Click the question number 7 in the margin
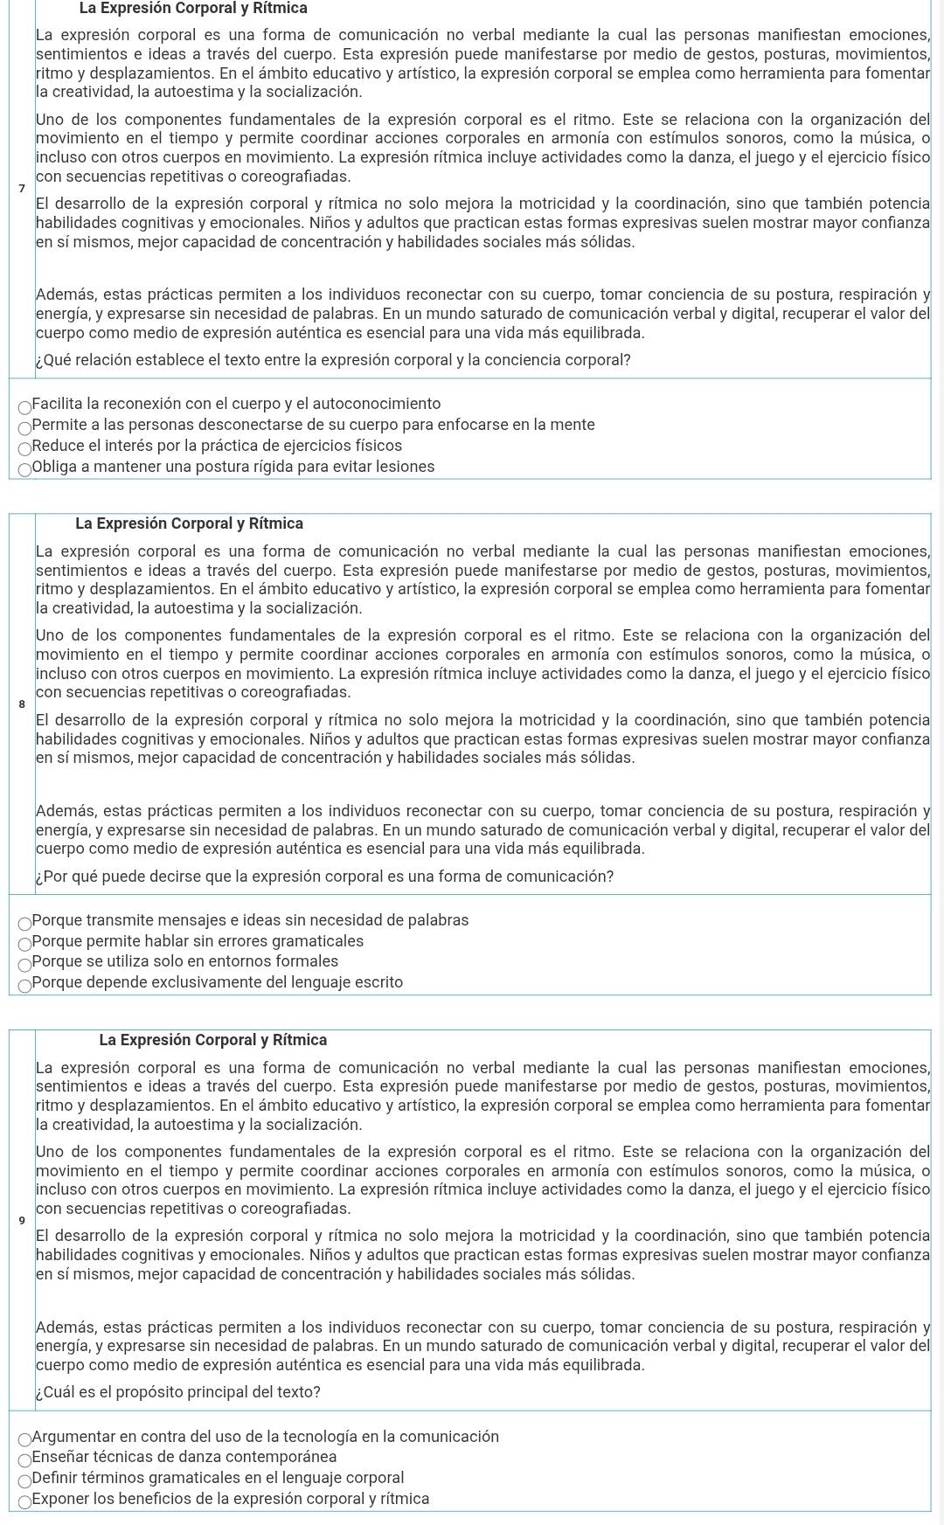22,189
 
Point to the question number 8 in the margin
22,704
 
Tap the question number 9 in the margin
22,1221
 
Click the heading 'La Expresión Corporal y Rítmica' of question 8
190,523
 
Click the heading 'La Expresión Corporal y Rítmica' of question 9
213,1040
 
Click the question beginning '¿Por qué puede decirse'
325,877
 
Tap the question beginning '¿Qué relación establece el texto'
334,360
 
